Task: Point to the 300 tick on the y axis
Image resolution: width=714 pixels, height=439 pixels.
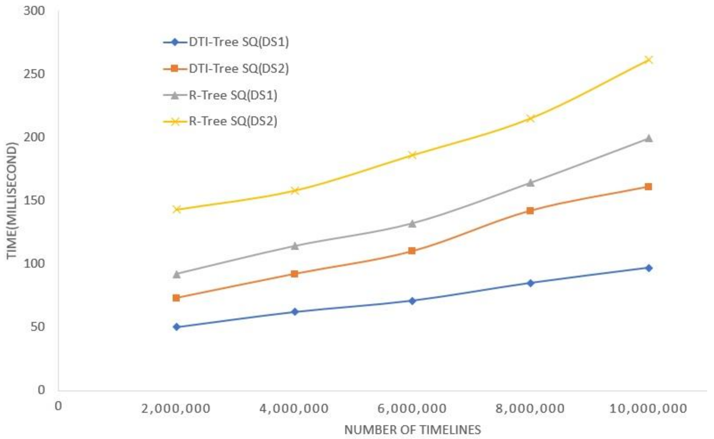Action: point(34,11)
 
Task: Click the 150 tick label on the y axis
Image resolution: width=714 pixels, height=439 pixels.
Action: point(34,200)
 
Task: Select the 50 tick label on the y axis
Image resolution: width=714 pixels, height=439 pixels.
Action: point(38,327)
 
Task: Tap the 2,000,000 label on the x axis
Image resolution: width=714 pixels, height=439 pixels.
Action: point(175,409)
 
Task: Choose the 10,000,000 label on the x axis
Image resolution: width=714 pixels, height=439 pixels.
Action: point(648,409)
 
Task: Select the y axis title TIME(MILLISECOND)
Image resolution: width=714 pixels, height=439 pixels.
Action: point(12,200)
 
